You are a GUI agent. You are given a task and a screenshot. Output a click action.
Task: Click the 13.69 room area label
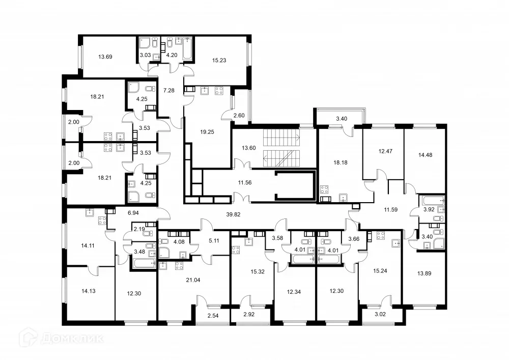tap(105, 57)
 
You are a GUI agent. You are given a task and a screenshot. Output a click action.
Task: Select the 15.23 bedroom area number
tap(219, 60)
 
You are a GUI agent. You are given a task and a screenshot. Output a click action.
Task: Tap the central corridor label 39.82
tap(233, 214)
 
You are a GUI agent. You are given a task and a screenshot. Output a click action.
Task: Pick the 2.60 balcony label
tap(239, 116)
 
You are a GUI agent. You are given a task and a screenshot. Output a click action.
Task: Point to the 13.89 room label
tap(425, 273)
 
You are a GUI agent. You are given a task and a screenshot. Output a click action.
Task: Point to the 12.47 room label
tap(383, 151)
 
